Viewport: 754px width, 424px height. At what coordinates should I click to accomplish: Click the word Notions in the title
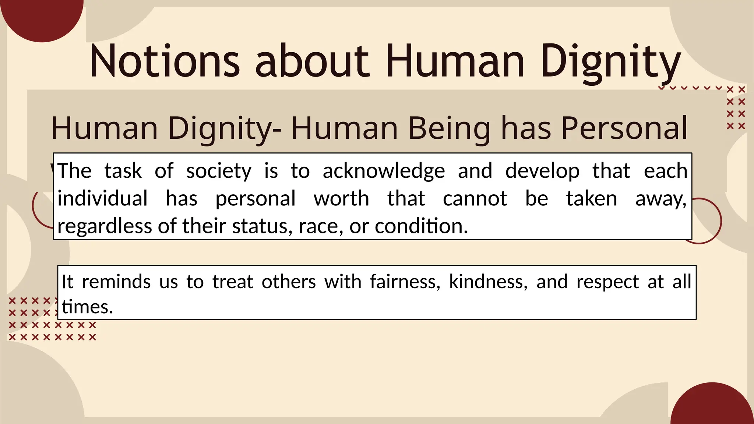165,61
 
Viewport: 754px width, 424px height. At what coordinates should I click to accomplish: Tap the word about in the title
312,61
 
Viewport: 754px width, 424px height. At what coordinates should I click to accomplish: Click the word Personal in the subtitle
624,128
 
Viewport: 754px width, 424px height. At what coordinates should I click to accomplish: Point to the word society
219,171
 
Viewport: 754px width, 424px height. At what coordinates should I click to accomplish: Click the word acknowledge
384,171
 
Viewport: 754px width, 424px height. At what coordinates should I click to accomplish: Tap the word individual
102,198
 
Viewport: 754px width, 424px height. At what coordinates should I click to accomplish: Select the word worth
341,199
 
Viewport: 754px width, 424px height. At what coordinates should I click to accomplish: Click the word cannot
475,199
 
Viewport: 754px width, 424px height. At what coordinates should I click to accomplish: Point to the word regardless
105,226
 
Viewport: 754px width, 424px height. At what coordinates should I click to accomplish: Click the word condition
421,226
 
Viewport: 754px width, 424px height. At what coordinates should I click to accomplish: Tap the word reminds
116,282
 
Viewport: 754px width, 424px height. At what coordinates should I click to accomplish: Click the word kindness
488,282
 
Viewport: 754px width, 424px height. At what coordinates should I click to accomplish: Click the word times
87,307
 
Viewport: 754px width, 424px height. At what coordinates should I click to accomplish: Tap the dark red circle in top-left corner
42,17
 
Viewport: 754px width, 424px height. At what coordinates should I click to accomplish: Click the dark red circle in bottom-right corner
712,407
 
